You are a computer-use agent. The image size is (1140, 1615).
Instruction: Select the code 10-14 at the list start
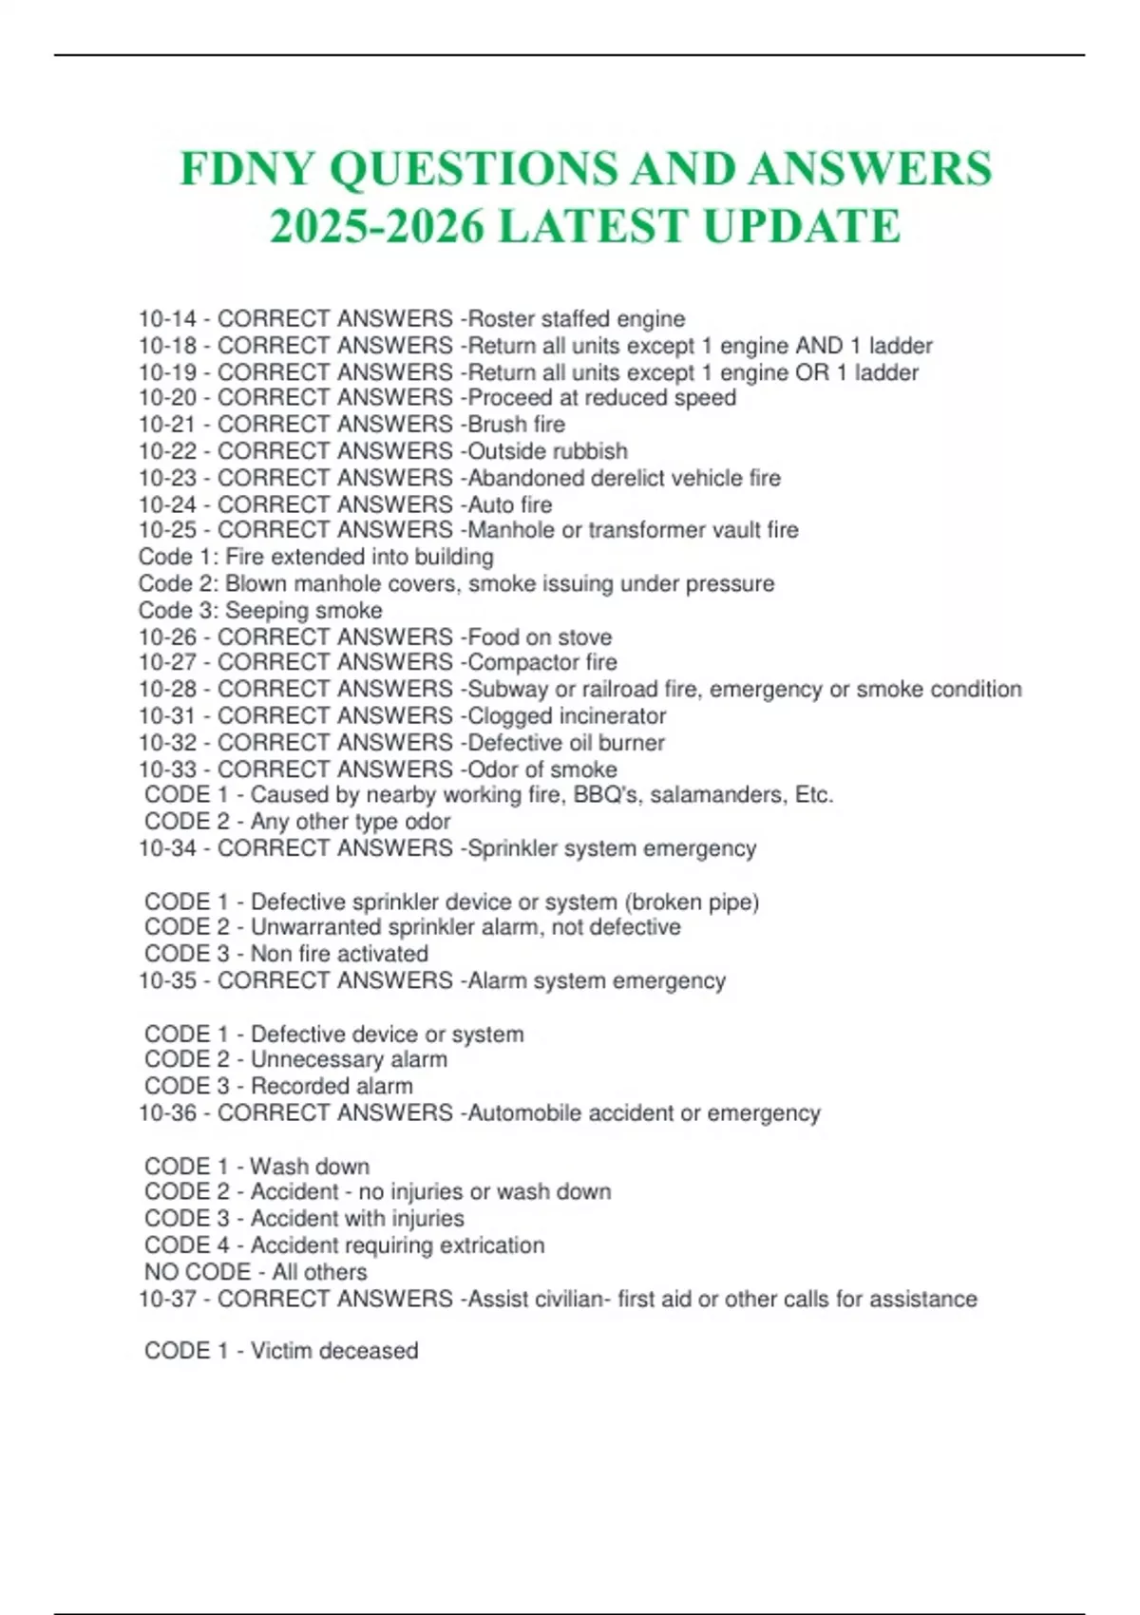167,319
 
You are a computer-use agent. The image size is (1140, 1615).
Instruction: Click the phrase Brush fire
517,425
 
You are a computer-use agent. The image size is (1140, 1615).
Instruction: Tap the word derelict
651,478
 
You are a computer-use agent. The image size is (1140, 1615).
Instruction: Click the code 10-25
167,530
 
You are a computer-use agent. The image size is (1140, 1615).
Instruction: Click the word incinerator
612,715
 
